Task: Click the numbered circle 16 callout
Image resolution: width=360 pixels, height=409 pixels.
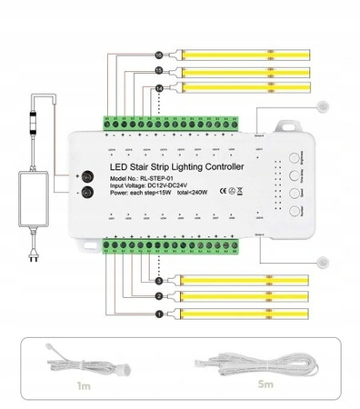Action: (159, 53)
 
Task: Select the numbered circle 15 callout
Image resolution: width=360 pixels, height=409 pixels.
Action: (159, 70)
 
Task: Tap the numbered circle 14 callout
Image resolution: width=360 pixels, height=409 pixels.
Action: (159, 87)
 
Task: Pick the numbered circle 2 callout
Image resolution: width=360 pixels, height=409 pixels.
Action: (158, 297)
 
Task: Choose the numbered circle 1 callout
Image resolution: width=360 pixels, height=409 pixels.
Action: (158, 314)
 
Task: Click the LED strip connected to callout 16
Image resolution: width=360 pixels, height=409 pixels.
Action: (245, 54)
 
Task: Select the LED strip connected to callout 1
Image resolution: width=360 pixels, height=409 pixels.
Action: (245, 314)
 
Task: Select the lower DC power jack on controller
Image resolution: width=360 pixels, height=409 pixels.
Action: (87, 192)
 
